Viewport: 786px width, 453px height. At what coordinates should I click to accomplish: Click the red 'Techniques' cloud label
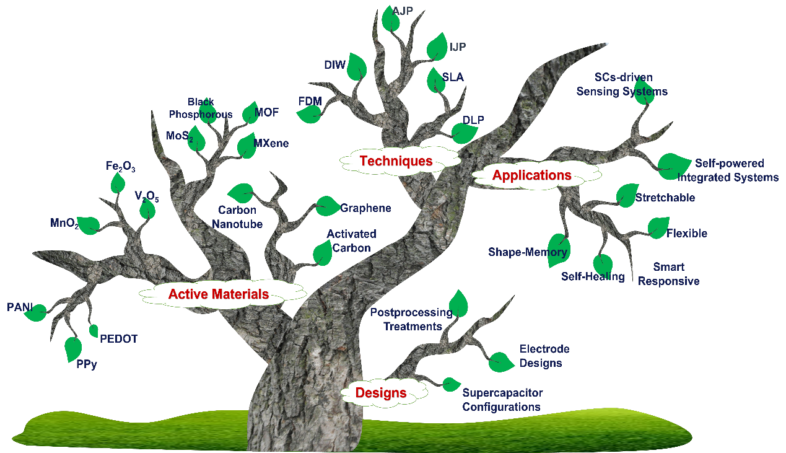point(396,161)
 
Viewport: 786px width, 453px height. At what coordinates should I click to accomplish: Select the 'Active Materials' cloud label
point(219,294)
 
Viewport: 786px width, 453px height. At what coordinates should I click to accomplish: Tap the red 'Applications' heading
point(531,175)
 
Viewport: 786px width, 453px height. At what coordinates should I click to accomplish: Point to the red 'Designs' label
point(381,393)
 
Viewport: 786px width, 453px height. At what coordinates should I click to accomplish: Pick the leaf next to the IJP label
point(437,46)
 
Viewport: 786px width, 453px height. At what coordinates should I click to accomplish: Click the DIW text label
point(334,65)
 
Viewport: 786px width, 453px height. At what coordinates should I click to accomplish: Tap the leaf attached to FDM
point(309,115)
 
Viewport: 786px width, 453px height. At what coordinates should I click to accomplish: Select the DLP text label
point(473,120)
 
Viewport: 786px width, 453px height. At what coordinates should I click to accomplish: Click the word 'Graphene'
point(365,208)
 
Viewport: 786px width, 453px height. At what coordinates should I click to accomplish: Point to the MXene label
point(271,143)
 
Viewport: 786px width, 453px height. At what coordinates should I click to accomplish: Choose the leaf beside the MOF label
point(251,113)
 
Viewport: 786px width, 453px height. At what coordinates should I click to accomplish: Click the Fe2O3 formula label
point(120,167)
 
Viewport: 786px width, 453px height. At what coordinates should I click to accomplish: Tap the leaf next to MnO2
point(89,226)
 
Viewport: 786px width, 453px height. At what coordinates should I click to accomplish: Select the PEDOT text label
point(118,339)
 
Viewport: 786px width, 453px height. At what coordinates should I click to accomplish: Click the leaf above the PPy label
point(73,349)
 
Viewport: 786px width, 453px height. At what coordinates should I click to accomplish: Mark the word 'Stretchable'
point(665,198)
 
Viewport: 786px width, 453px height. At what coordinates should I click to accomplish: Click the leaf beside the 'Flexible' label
point(658,227)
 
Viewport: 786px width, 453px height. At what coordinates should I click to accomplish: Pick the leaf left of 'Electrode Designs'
point(501,362)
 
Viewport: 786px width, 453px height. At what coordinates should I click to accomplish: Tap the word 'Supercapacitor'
point(502,393)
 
